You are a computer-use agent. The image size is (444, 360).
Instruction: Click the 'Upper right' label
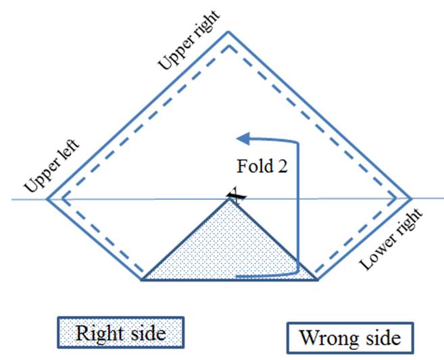coord(189,41)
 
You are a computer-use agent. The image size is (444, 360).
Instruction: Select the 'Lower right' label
coord(391,239)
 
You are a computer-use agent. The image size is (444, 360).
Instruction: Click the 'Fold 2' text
coord(262,166)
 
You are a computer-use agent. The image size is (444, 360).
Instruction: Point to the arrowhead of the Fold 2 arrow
coord(243,138)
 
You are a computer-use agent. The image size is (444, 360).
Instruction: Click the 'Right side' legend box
coord(121,332)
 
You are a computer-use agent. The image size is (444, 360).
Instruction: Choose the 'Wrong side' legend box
coord(350,338)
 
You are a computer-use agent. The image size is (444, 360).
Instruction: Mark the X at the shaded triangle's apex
coord(237,196)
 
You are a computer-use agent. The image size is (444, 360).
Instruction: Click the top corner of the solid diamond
coord(228,32)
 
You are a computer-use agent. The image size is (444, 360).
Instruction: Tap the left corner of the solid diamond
coord(47,199)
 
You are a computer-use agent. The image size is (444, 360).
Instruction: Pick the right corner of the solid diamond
coord(411,199)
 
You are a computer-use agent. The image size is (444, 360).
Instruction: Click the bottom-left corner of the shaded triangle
coord(142,280)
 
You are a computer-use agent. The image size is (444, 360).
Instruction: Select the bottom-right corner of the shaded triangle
coord(318,280)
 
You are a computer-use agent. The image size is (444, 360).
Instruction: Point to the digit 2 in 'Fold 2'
coord(282,166)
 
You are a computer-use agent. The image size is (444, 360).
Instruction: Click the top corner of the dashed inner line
coord(228,46)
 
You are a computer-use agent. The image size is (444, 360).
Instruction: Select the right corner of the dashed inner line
coord(395,199)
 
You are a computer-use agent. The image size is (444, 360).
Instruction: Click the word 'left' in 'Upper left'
coord(68,151)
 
